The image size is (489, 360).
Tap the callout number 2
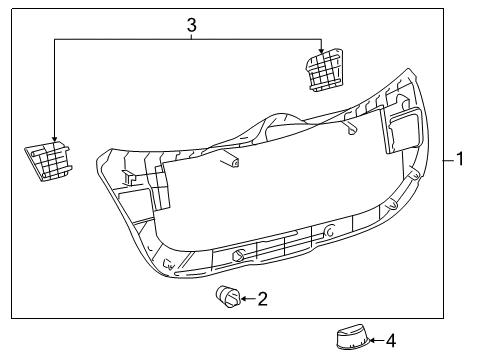(x=262, y=297)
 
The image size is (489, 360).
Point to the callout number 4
(x=391, y=340)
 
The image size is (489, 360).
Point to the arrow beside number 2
(x=246, y=297)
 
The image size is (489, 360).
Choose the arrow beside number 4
(x=374, y=340)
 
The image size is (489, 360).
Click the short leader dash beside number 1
(x=447, y=159)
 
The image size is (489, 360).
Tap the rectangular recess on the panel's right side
(x=402, y=130)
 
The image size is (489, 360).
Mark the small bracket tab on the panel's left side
(x=128, y=176)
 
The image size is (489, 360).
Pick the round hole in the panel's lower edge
(x=238, y=255)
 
